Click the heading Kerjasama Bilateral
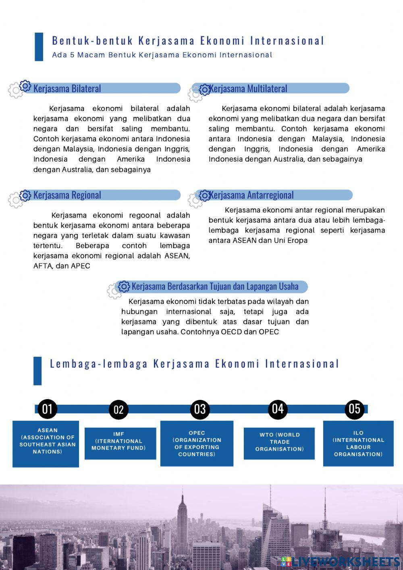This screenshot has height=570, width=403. point(67,89)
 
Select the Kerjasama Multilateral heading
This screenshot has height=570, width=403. point(248,89)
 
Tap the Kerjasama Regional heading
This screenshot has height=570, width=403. point(67,195)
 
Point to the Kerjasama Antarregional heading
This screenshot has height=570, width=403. point(251,195)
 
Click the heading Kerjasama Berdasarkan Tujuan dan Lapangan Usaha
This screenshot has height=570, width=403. point(215,287)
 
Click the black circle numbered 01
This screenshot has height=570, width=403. point(47,409)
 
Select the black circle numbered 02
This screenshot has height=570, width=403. point(118,410)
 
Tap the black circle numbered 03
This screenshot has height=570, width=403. point(200,409)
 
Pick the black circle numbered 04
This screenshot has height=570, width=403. point(278,409)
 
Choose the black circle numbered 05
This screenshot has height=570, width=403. point(354,409)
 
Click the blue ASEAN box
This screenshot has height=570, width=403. point(46,443)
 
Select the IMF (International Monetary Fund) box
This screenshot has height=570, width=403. point(120,443)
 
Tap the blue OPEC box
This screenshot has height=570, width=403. point(197,443)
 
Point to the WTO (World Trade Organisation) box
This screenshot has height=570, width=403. point(279,443)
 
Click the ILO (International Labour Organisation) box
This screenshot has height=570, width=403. point(358,443)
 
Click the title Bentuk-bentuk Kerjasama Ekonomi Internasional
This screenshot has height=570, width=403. point(188,41)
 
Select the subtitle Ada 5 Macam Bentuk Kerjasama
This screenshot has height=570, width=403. point(162,55)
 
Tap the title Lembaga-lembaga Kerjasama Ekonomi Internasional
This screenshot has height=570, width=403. point(195,364)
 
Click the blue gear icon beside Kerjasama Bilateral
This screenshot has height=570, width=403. point(25,86)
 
